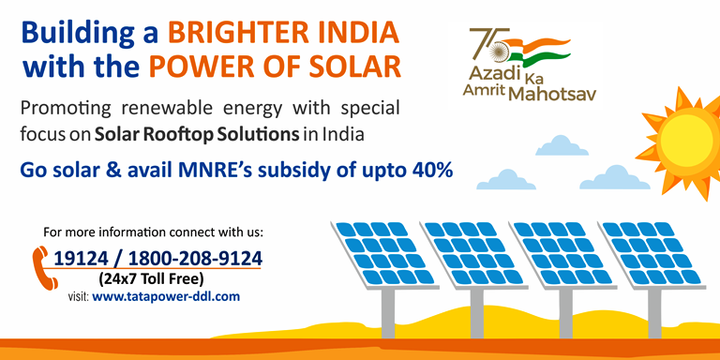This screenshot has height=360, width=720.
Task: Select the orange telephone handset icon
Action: click(x=40, y=262)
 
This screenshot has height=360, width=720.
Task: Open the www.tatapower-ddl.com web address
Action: click(x=166, y=295)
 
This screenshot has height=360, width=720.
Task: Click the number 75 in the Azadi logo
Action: click(x=485, y=42)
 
